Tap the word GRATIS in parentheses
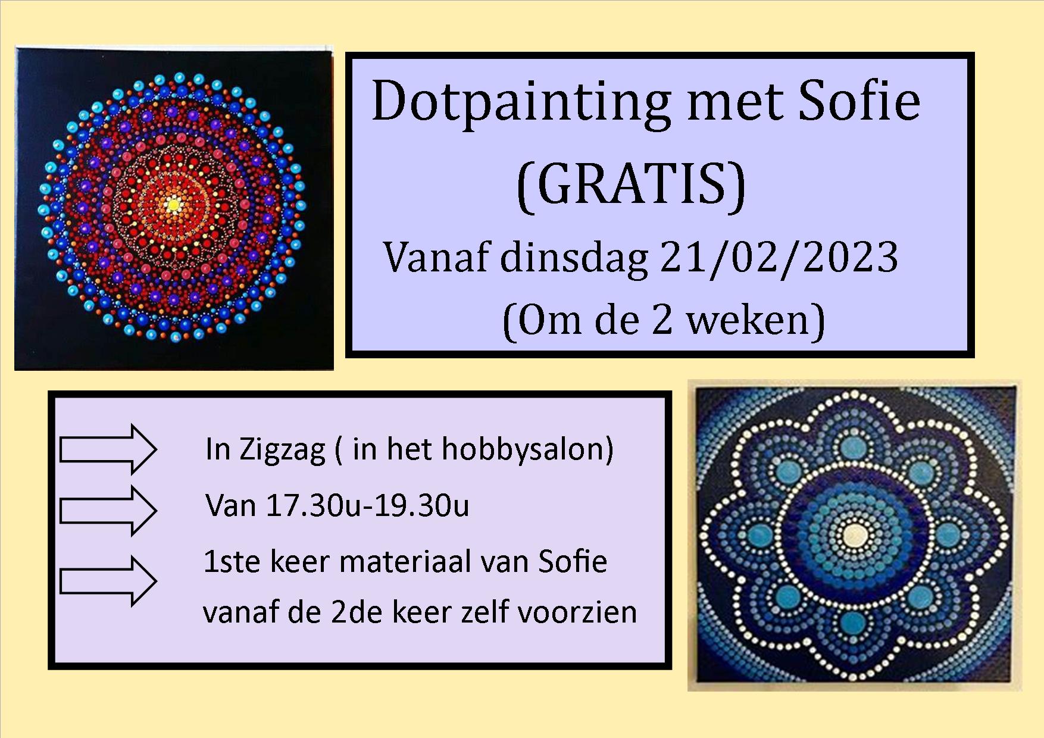(631, 184)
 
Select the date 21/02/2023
(779, 258)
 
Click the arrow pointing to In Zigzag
(108, 449)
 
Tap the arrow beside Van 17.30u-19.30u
(108, 511)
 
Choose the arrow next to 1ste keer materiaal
(108, 581)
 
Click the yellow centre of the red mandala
(173, 206)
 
